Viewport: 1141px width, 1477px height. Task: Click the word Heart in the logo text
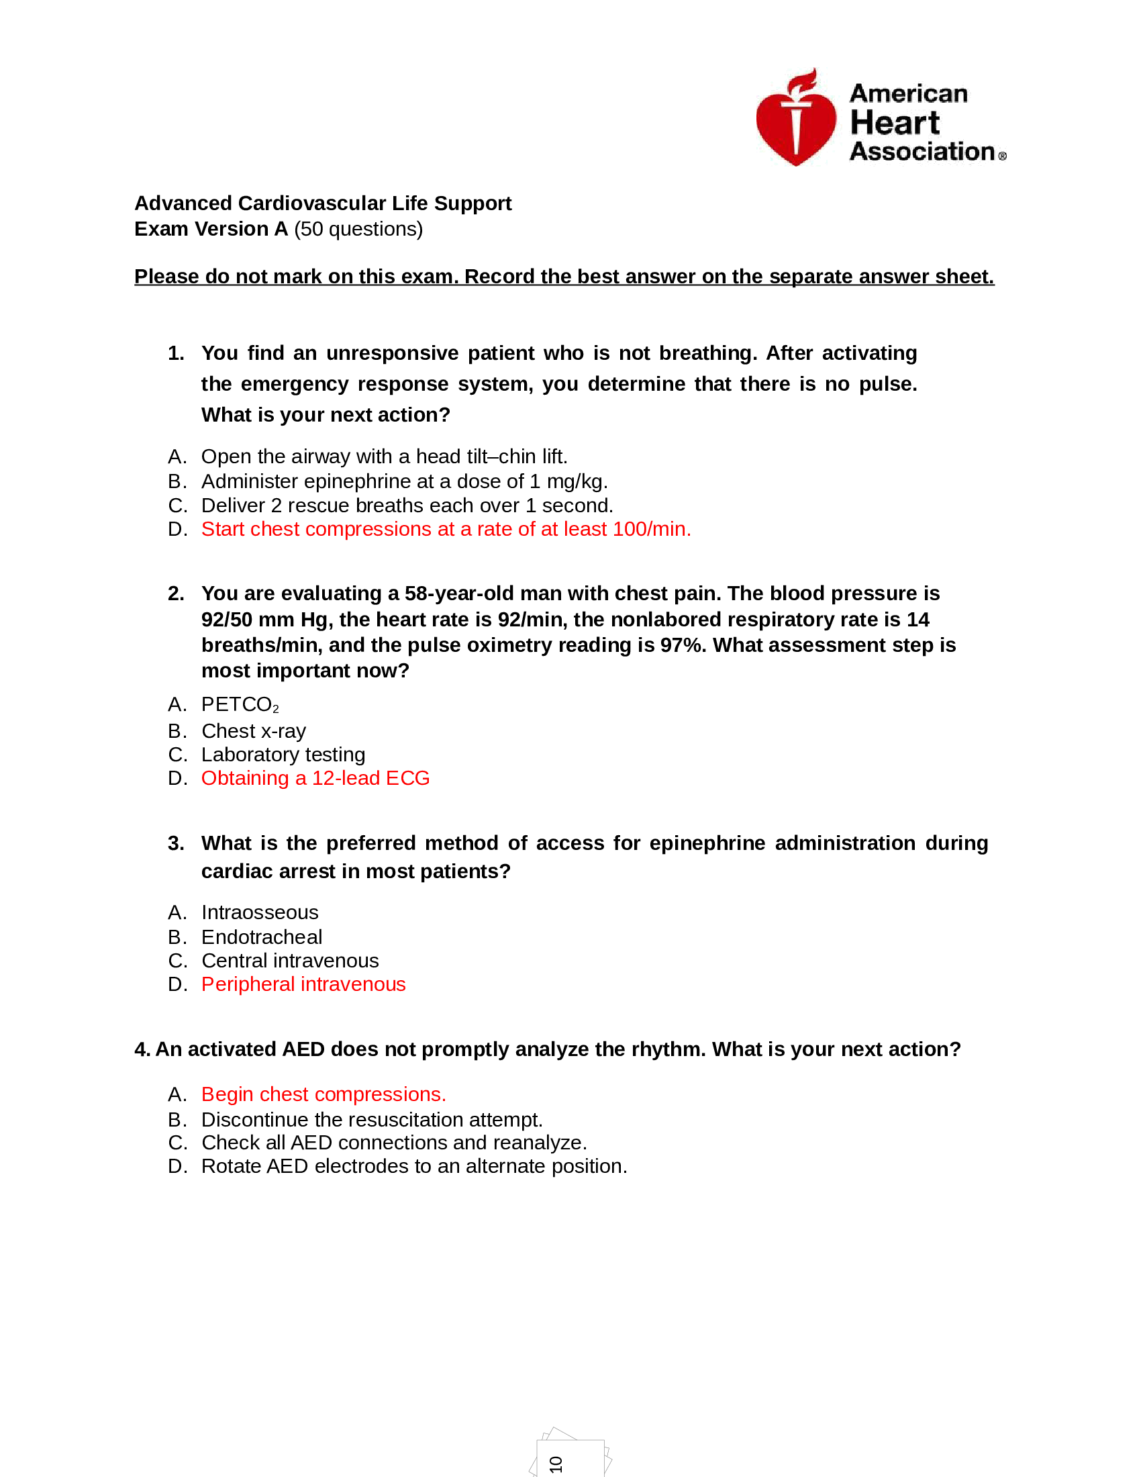[893, 123]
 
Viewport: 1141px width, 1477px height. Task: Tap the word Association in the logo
[922, 152]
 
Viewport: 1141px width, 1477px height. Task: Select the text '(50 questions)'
[358, 229]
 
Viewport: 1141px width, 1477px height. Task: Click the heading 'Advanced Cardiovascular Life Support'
[322, 203]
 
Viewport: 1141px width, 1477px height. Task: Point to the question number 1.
[176, 353]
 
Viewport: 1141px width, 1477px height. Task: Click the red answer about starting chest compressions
[446, 529]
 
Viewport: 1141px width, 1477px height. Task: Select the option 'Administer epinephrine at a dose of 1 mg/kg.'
[404, 481]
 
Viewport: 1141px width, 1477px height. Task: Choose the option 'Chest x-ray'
[254, 731]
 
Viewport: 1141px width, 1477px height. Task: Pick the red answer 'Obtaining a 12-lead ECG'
[315, 778]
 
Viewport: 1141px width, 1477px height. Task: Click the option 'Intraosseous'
[260, 912]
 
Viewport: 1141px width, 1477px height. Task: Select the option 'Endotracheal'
[262, 937]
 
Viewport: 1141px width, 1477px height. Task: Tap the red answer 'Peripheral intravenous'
[303, 984]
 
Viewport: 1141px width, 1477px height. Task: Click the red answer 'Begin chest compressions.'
[324, 1094]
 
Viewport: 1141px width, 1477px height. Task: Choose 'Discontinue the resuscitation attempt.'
[372, 1120]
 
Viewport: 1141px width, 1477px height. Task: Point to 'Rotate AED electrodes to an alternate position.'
[413, 1166]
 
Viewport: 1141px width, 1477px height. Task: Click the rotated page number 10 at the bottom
[556, 1464]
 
